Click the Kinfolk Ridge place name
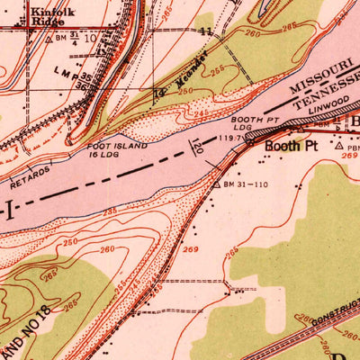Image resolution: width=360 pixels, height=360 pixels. [51, 18]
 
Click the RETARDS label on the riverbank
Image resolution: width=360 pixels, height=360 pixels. [30, 168]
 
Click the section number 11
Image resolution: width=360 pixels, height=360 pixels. [207, 31]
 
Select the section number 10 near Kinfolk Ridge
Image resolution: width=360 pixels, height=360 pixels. [90, 39]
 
